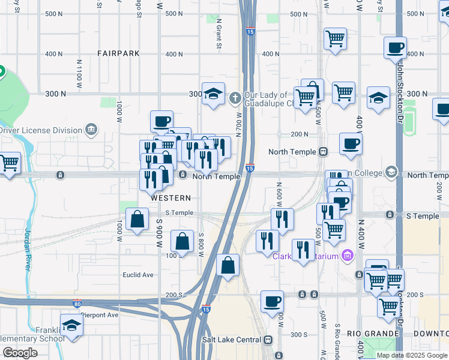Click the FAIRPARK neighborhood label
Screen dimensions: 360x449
pos(118,53)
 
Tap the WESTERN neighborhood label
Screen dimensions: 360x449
pos(171,198)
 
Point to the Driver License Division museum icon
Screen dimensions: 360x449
pos(91,129)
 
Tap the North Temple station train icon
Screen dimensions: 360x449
pos(323,152)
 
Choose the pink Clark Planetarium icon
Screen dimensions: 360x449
pos(346,256)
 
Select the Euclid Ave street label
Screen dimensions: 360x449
pos(139,275)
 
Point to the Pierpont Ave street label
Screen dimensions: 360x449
pos(100,314)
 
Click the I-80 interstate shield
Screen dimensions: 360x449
pos(77,304)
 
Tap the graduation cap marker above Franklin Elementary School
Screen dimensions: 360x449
pos(71,325)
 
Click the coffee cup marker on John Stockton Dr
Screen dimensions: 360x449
pos(395,47)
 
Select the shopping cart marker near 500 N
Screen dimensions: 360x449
pos(335,39)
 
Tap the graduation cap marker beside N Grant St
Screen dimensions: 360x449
pos(212,93)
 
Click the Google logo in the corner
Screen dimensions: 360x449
pos(20,353)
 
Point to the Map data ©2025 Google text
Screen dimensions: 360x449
pos(412,355)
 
